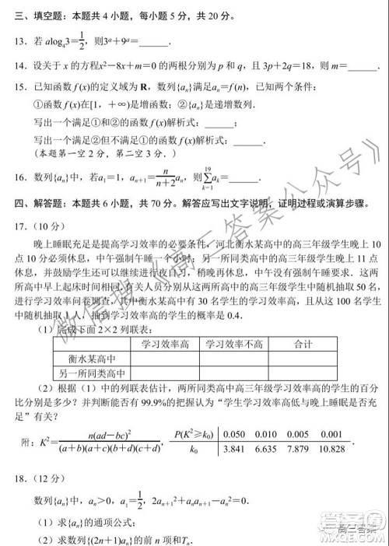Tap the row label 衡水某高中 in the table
[x=78, y=359]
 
